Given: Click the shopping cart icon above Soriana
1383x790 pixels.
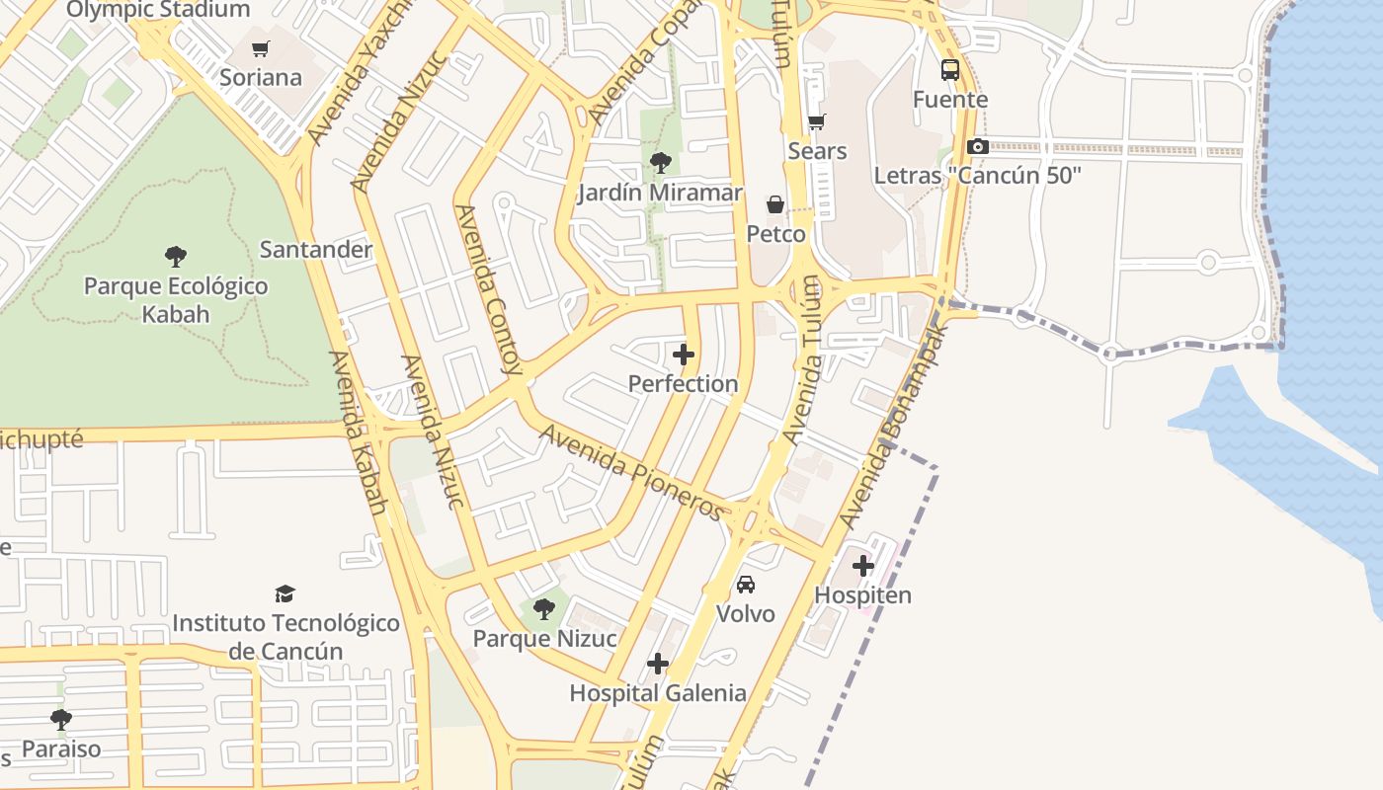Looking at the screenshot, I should [x=261, y=48].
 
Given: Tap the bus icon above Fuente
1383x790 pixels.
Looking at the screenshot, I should [x=950, y=70].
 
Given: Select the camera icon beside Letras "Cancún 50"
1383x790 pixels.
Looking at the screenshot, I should [x=978, y=146].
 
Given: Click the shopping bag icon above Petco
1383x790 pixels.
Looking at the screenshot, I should [x=775, y=204].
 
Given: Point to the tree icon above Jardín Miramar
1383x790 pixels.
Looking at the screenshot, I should [x=660, y=163].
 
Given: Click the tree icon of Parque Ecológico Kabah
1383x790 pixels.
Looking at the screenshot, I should [x=176, y=257].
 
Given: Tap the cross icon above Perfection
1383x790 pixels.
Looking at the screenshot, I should [x=683, y=355].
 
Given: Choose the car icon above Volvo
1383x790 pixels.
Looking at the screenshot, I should [x=746, y=585].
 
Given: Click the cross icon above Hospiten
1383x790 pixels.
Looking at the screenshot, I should [x=863, y=566].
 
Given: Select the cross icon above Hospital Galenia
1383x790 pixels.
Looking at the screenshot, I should [x=658, y=664].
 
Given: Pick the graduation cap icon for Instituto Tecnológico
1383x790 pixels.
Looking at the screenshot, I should [x=285, y=593].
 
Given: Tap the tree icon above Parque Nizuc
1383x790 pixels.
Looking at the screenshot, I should [x=544, y=608].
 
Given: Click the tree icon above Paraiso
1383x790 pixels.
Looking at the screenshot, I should [x=61, y=719].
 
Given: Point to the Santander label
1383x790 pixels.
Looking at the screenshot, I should [x=315, y=250].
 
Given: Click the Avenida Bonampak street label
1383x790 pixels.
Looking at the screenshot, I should [x=892, y=425].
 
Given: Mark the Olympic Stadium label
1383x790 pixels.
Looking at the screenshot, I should [x=158, y=11].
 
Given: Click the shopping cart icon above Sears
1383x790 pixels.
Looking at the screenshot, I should [x=817, y=122].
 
